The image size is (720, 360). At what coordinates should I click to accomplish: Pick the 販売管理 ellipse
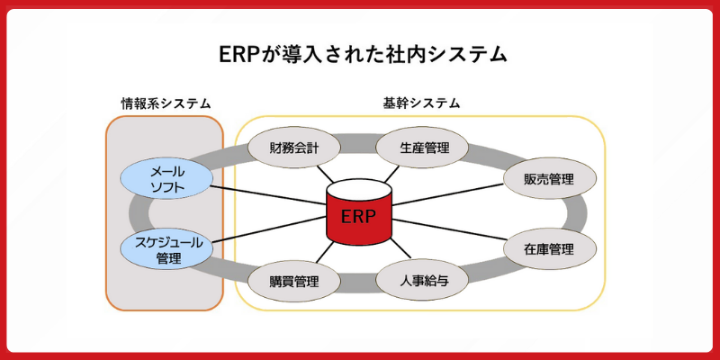(549, 178)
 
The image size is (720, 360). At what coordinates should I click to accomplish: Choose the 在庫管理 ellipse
(549, 248)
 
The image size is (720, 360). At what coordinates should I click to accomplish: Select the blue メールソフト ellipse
(166, 178)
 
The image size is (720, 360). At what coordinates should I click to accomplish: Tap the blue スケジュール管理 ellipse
(167, 248)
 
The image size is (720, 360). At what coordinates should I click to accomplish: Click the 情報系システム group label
(166, 103)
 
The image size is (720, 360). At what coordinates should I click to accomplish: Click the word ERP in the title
(238, 54)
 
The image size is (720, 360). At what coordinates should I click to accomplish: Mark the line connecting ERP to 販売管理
(450, 198)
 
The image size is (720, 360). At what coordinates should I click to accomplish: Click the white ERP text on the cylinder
(359, 217)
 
